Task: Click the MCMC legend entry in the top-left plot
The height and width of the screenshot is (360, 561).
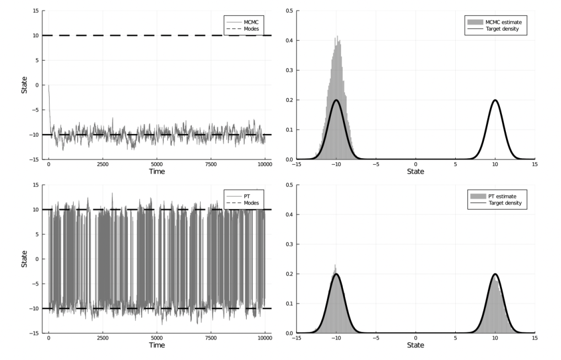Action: tap(249, 20)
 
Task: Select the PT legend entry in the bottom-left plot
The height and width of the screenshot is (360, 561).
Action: tap(246, 194)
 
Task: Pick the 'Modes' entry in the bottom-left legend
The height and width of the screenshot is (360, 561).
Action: tap(251, 202)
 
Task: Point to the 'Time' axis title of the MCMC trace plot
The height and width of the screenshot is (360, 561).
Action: tap(157, 171)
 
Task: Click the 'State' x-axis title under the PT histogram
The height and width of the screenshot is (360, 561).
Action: tap(416, 345)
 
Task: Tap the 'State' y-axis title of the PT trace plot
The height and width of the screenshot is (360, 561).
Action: tap(24, 259)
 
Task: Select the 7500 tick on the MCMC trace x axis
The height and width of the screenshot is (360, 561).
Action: tap(211, 164)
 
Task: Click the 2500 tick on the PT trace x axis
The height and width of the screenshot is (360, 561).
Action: tap(103, 337)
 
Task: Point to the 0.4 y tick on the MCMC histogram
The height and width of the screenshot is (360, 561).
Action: tap(289, 40)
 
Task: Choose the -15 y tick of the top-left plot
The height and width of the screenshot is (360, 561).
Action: tap(35, 159)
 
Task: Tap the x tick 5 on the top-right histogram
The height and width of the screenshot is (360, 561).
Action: tap(456, 164)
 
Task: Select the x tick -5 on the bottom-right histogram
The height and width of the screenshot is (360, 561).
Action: tap(375, 337)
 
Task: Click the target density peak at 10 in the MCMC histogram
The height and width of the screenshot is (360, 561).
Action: tap(495, 100)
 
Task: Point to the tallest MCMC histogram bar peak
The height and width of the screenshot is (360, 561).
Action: tap(337, 37)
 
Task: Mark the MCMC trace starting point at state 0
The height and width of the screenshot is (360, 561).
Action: tap(48, 85)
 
